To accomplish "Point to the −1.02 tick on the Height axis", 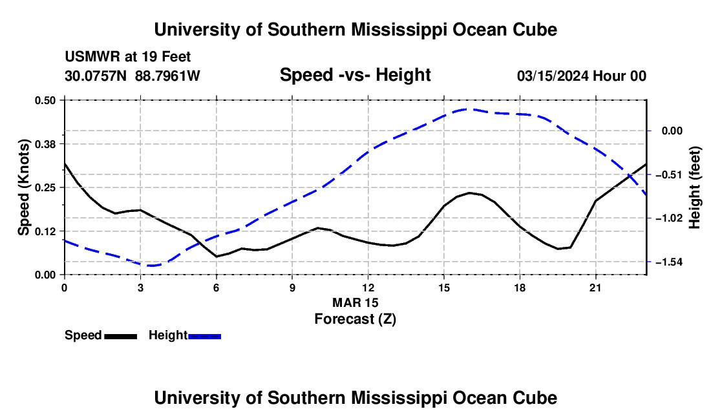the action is [x=672, y=218].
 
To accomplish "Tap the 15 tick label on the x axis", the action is [x=443, y=288].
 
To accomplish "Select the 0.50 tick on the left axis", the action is [x=45, y=100].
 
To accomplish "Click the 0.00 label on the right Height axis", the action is [x=672, y=131].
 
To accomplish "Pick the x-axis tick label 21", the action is [x=595, y=288].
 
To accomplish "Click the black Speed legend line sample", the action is [x=121, y=337].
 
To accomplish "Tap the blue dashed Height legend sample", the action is [x=204, y=337].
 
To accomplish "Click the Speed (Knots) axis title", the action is [x=23, y=187].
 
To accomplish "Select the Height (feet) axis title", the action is [x=695, y=187].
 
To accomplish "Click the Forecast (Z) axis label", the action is [x=355, y=319].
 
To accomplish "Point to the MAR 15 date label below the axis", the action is [x=355, y=302].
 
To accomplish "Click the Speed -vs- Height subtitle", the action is [x=355, y=75].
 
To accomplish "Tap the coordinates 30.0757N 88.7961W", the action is [x=133, y=76].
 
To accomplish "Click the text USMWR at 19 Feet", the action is [x=128, y=57].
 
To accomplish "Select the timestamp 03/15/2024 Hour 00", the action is [x=582, y=76].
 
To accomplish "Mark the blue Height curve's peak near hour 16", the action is [x=469, y=109].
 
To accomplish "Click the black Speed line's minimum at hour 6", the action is [x=217, y=257].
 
